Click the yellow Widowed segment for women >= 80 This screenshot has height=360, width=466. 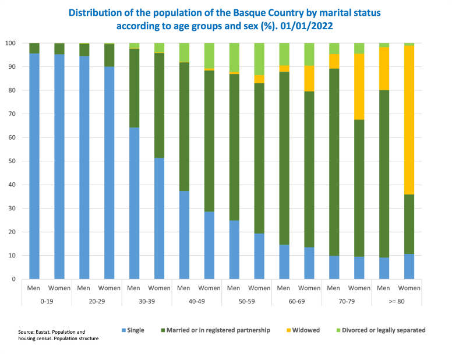(x=409, y=120)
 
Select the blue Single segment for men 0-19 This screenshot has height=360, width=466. (x=34, y=166)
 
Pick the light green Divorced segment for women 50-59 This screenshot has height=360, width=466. (x=259, y=59)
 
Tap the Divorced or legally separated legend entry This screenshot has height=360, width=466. (x=383, y=330)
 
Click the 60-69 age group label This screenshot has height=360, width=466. (x=296, y=301)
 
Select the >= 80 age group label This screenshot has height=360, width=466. (x=396, y=301)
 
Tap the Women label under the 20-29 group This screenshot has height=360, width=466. (x=109, y=288)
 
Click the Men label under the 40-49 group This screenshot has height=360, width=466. (x=183, y=288)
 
